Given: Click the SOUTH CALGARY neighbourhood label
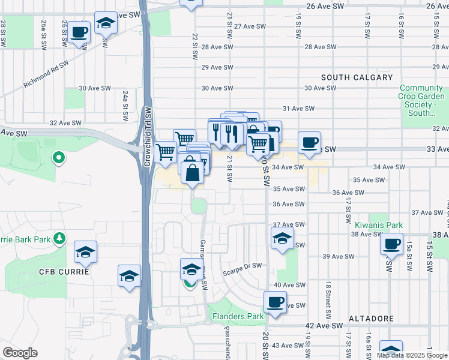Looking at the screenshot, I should [357, 77].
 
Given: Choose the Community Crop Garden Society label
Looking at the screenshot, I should [423, 100].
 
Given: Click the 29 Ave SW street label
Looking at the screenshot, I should [215, 67].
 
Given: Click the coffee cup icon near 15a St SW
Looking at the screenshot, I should [391, 244].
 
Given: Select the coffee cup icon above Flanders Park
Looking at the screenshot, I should [276, 302].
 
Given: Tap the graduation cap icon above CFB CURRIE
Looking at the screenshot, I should [85, 253].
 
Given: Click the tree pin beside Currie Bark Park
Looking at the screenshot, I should [59, 239].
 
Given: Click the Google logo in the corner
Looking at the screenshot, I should [20, 353].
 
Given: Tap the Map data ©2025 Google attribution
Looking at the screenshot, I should [412, 355].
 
